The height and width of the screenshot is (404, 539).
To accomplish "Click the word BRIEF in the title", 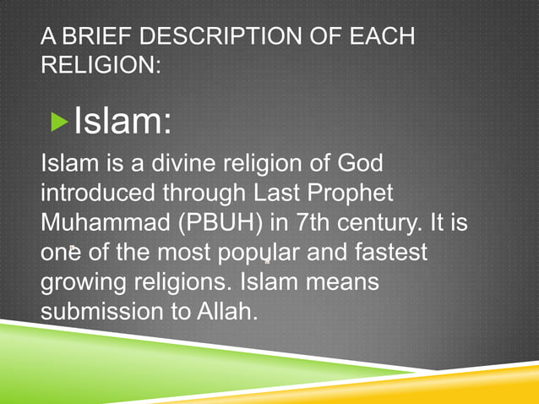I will point(91,38).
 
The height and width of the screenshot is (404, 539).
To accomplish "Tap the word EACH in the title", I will point(382,38).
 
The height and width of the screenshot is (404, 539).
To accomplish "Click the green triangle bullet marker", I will point(58,123).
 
